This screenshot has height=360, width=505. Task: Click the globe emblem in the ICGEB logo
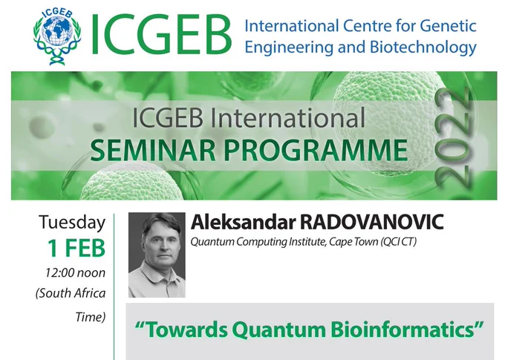[x=57, y=36]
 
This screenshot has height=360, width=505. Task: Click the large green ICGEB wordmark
[x=161, y=35]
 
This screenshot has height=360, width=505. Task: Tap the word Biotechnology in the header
[x=423, y=48]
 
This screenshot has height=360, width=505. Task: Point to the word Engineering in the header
[x=289, y=48]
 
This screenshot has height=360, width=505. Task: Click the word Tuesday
[x=72, y=223]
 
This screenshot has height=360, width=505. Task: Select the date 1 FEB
[x=76, y=249]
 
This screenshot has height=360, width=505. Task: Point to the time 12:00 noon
[x=75, y=272]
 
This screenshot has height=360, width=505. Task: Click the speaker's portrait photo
[x=157, y=255]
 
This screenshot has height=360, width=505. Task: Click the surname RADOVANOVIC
[x=371, y=222]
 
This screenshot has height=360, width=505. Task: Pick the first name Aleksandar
[x=243, y=222]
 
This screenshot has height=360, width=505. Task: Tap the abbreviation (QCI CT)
[x=398, y=241]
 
